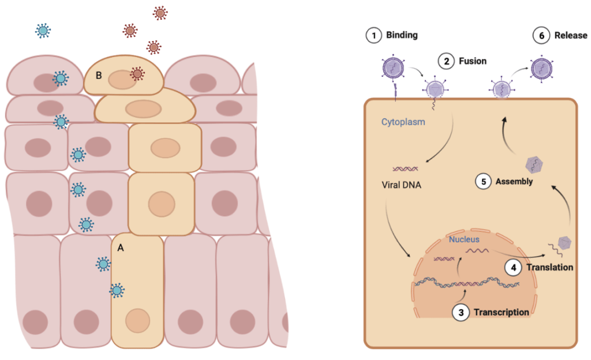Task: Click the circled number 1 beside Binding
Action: pos(373,35)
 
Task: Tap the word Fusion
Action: pos(473,61)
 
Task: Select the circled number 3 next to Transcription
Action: pos(461,313)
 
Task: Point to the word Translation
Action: pos(549,267)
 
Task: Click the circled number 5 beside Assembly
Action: pos(483,182)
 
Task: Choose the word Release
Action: pos(571,35)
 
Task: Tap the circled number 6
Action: pos(541,35)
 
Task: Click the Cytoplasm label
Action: pos(403,122)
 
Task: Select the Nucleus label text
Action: pos(464,239)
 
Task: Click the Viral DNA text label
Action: pos(402,185)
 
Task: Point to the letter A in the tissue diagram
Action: pos(121,247)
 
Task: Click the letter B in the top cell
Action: pos(99,76)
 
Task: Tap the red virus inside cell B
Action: pos(137,74)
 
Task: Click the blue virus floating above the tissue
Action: pos(43,31)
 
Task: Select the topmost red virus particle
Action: pos(160,13)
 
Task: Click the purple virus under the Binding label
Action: pos(393,69)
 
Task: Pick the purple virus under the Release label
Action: pos(541,69)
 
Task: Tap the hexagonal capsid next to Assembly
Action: pos(534,164)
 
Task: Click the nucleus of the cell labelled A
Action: pos(137,321)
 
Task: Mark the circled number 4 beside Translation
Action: pos(513,268)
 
